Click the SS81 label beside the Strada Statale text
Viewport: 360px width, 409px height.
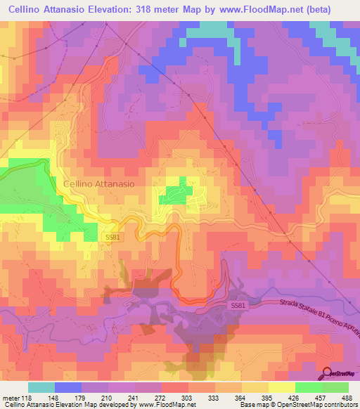tap(239, 306)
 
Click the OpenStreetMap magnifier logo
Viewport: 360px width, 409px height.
tap(328, 373)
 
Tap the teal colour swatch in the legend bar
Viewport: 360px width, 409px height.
tap(41, 387)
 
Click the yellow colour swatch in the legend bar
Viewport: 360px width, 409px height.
tap(282, 387)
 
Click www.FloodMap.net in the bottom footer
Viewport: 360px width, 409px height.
tap(169, 405)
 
